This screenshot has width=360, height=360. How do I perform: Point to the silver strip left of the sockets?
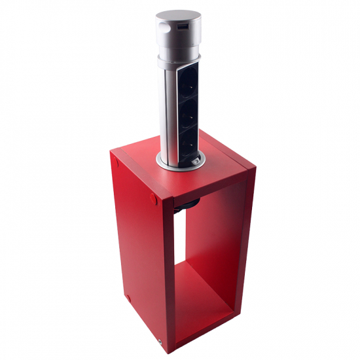168,111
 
